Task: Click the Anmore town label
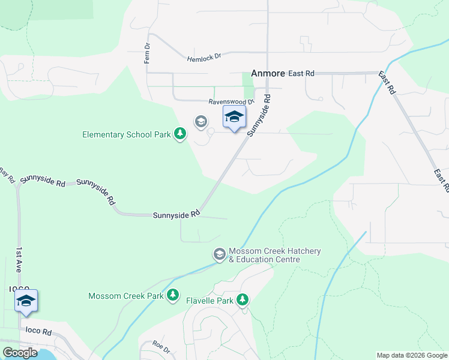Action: pos(268,73)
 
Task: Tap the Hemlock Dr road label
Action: pos(204,58)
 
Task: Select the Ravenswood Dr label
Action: pos(232,103)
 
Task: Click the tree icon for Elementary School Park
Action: pos(179,134)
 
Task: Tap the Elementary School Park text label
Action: pos(127,134)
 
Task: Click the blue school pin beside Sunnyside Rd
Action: pos(234,117)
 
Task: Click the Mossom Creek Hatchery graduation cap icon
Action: pos(219,255)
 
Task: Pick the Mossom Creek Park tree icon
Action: pos(173,295)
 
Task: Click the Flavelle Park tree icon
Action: pos(243,299)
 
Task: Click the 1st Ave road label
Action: pos(19,260)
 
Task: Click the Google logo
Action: pos(20,353)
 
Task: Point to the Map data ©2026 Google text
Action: pos(411,355)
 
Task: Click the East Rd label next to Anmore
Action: pos(301,73)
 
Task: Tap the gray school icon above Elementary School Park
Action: pos(200,122)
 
